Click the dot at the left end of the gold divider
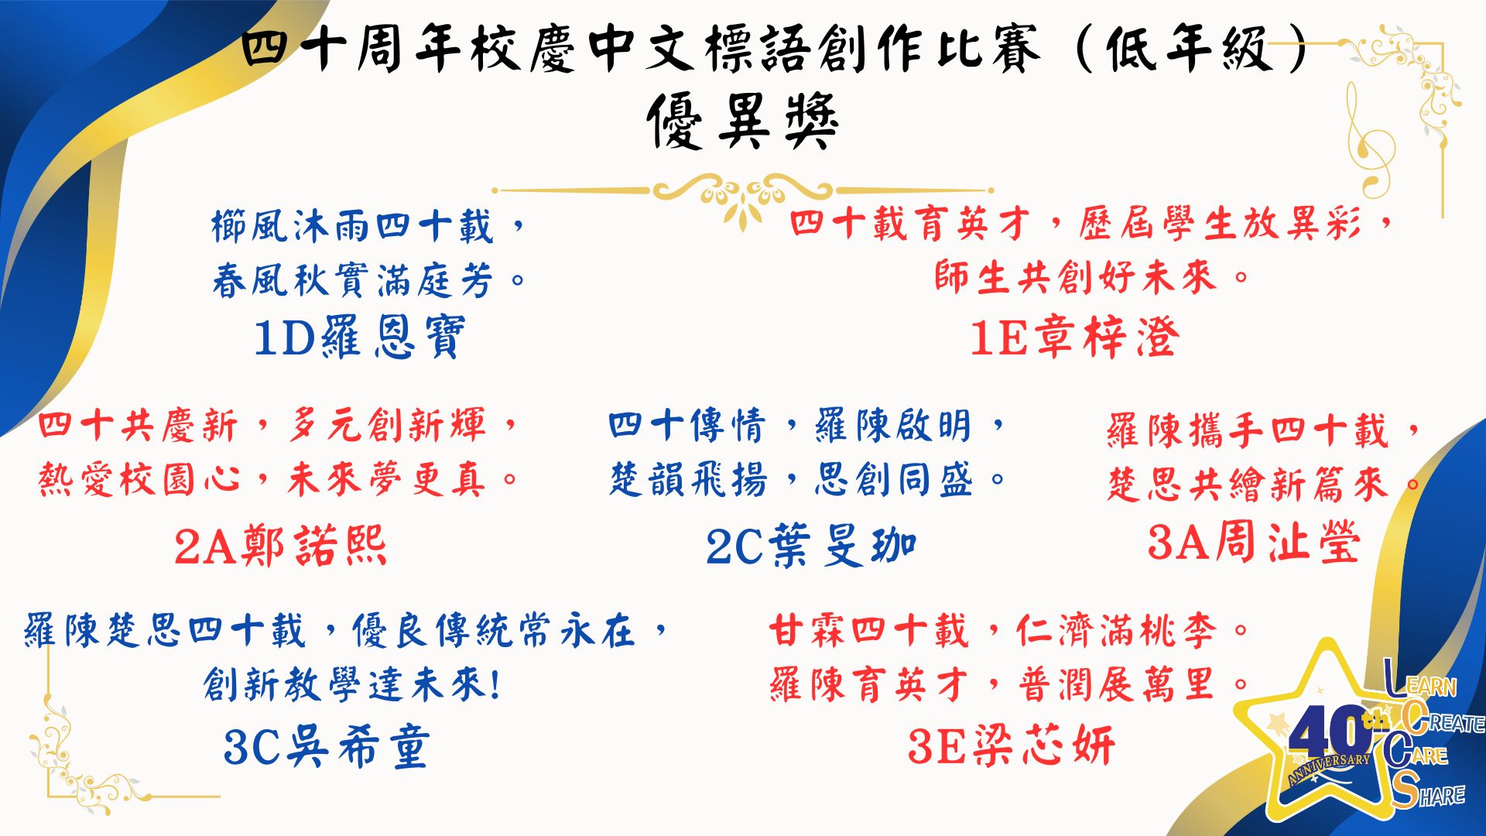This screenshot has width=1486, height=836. (495, 190)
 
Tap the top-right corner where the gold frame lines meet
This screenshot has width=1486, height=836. (1443, 43)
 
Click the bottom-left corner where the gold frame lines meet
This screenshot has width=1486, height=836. (48, 795)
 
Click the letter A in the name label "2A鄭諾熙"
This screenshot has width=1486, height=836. (221, 547)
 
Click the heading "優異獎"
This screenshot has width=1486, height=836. (743, 122)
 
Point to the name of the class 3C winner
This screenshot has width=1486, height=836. (358, 747)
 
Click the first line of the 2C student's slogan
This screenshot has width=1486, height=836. (806, 425)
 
